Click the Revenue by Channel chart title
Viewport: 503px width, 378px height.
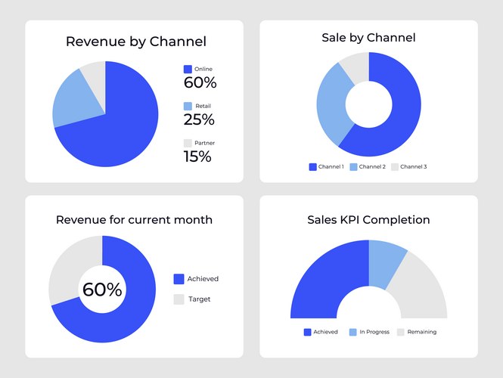(x=136, y=42)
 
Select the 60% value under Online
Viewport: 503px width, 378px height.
(x=200, y=82)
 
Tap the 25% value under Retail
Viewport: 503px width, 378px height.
(x=199, y=119)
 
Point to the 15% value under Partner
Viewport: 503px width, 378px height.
(x=197, y=156)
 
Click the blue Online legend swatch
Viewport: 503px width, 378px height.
(x=188, y=70)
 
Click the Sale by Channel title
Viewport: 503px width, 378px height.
(x=368, y=37)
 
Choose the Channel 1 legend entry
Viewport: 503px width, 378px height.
(x=326, y=166)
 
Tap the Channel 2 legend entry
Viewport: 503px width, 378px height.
(x=368, y=166)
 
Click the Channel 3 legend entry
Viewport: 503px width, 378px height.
(x=408, y=166)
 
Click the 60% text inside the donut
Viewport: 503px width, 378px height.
(x=102, y=290)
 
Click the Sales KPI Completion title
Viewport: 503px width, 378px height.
(x=368, y=220)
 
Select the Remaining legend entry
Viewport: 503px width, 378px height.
(x=416, y=332)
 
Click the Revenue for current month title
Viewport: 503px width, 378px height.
(x=134, y=220)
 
